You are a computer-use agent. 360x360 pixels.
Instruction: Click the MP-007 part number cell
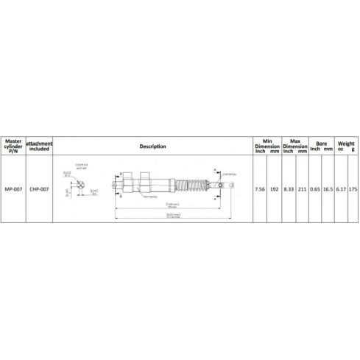coord(13,188)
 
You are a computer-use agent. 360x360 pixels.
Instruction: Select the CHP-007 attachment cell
coord(39,188)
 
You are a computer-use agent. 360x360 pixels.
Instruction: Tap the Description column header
coord(152,146)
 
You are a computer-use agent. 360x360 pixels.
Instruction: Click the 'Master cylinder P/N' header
coord(13,146)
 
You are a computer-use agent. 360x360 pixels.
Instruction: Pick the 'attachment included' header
coord(39,146)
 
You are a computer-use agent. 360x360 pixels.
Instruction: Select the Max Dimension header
coord(294,143)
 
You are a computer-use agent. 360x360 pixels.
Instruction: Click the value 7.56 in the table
coord(259,188)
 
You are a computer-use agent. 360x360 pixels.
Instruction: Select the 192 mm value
coord(274,188)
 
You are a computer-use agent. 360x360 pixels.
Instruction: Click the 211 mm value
coord(303,188)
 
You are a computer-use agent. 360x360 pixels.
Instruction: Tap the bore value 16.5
coord(328,188)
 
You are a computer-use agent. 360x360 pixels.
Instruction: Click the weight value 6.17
coord(340,188)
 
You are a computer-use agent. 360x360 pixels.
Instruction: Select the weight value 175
coord(353,188)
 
